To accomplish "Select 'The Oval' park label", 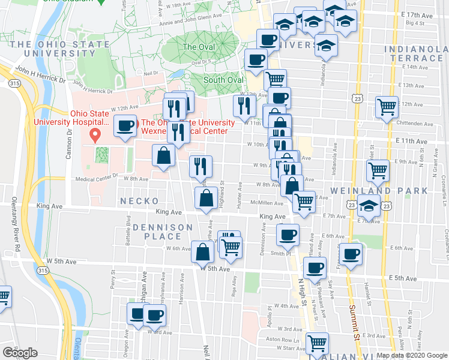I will point(197,47).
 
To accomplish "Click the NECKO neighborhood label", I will point(139,201).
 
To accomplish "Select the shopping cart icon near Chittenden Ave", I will point(387,107).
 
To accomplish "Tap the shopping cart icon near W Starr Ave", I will point(316,343).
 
